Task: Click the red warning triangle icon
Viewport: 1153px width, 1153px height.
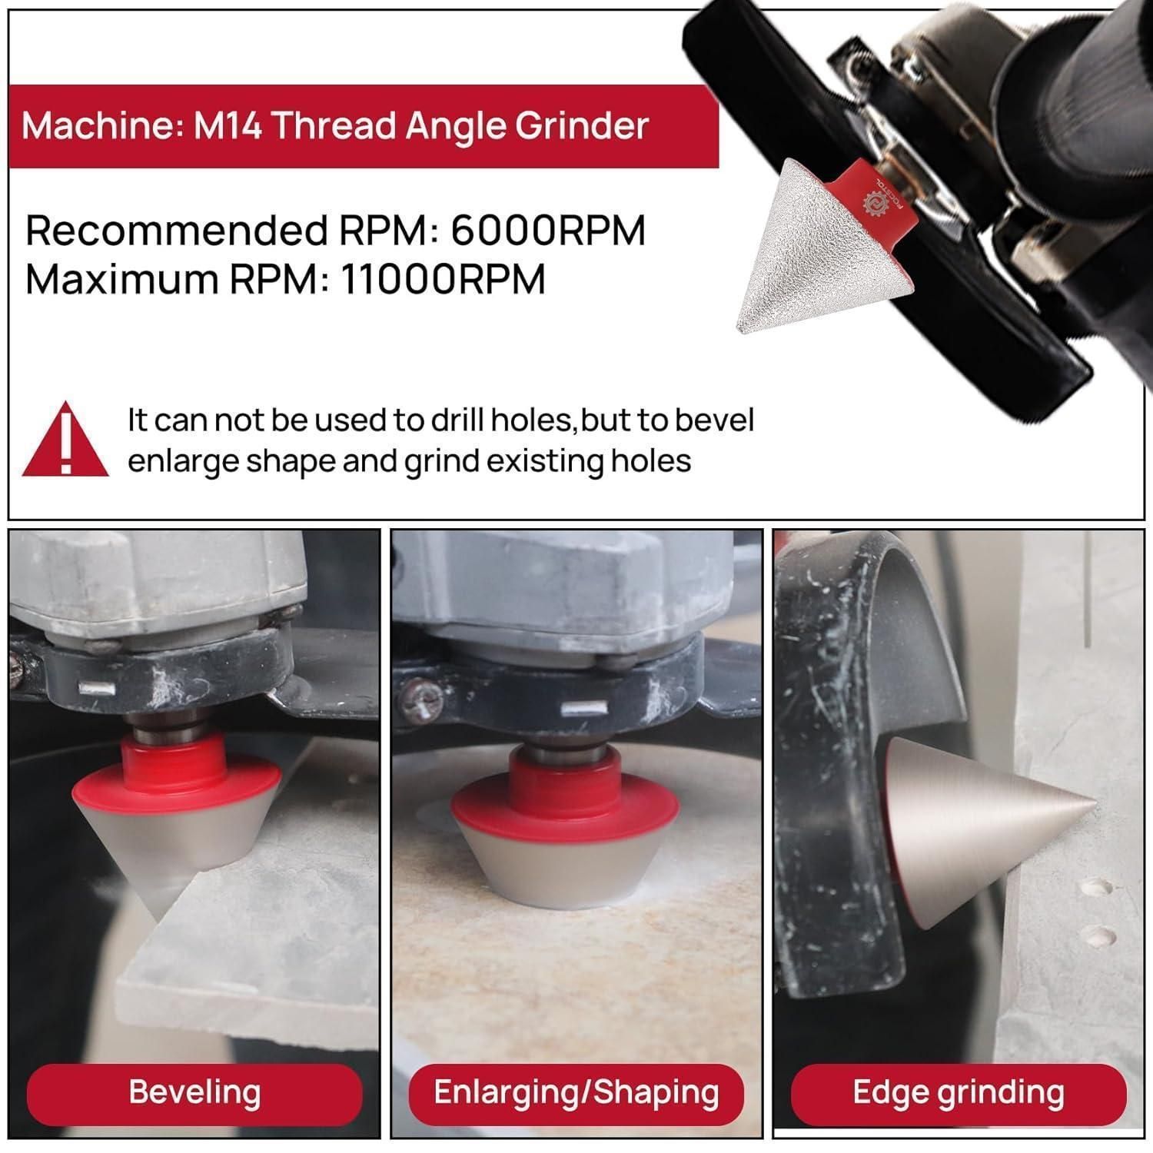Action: coord(65,439)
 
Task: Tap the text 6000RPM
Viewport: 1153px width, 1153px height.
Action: coord(547,230)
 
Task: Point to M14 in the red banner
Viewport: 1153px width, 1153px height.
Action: coord(227,125)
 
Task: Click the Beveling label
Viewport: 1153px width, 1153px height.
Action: coord(194,1092)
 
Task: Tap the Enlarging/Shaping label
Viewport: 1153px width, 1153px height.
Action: coord(576,1092)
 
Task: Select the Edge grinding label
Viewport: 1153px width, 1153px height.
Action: coord(959,1092)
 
